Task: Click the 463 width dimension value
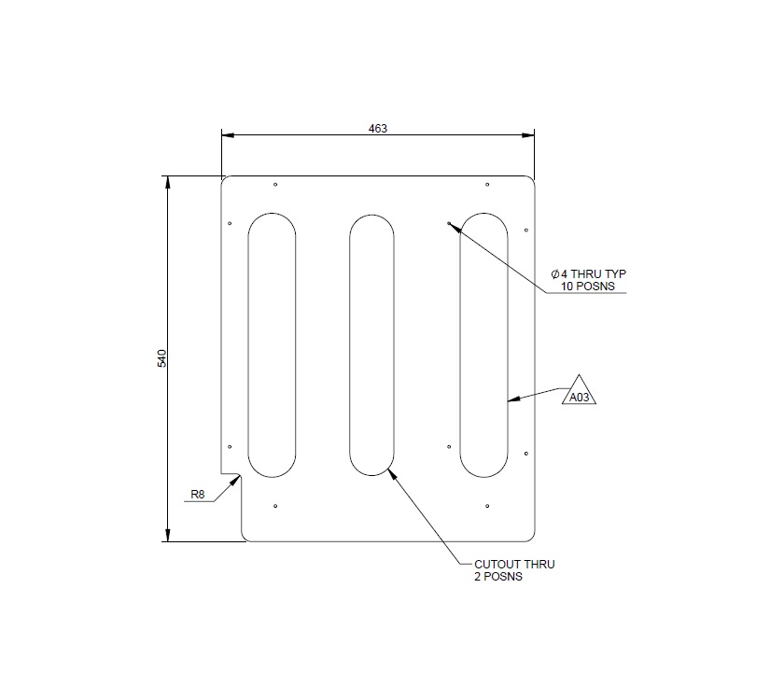(x=378, y=128)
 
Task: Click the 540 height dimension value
(x=161, y=358)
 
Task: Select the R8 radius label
(x=197, y=495)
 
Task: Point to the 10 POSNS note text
(x=588, y=286)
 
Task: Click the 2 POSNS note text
(x=497, y=577)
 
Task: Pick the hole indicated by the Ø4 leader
(x=449, y=223)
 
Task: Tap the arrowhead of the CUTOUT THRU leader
(x=391, y=473)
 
